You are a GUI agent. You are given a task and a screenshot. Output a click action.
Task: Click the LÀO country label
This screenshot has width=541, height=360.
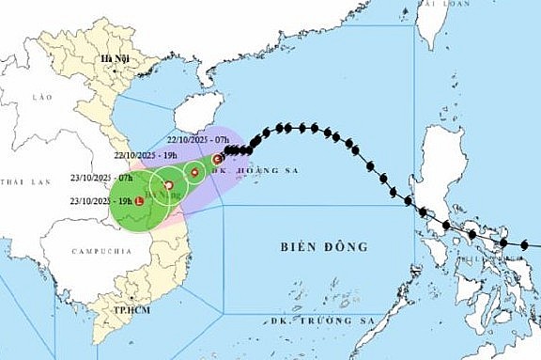tap(39, 97)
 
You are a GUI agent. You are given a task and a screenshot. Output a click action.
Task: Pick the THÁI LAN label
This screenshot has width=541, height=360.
tap(18, 180)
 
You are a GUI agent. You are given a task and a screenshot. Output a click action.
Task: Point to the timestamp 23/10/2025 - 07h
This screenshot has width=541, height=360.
tap(100, 177)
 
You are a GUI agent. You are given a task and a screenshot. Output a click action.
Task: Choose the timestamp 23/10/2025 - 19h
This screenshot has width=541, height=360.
tap(100, 200)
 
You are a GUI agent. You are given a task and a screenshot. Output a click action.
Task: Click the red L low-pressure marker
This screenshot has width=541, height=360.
tap(139, 201)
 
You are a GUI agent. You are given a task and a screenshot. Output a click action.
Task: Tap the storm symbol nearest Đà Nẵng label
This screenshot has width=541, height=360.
tap(168, 185)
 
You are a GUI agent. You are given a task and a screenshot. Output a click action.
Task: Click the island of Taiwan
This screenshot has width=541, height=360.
tap(429, 23)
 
